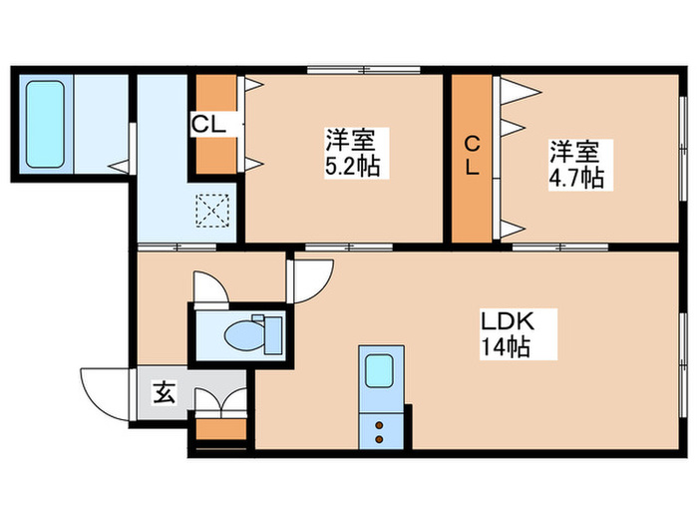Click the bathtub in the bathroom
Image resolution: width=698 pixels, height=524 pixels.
coord(44,123)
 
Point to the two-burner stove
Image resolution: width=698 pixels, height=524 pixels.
coord(380,430)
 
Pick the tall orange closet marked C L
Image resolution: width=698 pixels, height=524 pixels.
coord(473,157)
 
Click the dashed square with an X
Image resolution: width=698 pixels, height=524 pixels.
coord(211,210)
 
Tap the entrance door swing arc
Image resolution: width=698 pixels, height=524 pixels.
coord(105,394)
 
